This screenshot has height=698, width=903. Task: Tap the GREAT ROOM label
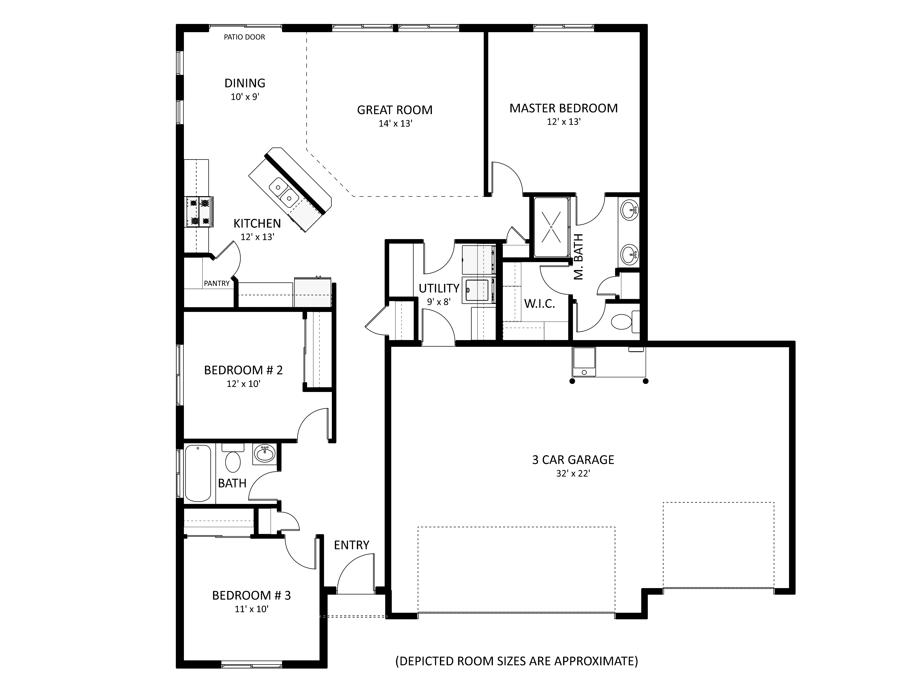[x=395, y=110]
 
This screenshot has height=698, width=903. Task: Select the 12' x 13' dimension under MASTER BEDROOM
[x=564, y=122]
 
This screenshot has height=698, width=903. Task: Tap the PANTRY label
[x=217, y=283]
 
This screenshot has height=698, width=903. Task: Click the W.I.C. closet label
[x=540, y=304]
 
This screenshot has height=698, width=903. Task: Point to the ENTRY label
[x=351, y=545]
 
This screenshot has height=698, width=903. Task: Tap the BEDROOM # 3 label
[x=251, y=595]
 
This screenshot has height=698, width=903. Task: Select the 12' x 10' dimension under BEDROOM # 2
[x=243, y=384]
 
